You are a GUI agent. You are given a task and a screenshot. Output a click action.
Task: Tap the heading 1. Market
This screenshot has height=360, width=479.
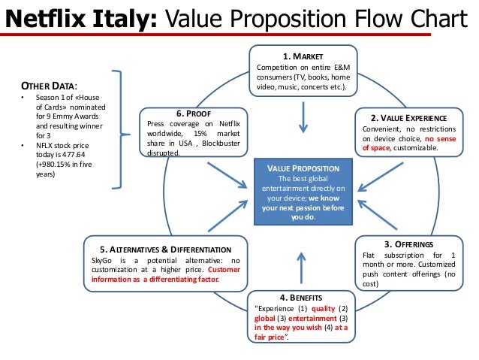pos(303,56)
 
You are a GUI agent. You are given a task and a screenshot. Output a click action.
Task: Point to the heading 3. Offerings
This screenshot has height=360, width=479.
pos(408,244)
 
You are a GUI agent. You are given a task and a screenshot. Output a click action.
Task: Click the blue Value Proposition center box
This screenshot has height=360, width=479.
pos(303,191)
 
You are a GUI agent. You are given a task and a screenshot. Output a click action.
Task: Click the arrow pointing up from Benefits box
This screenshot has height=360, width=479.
pos(302,268)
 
